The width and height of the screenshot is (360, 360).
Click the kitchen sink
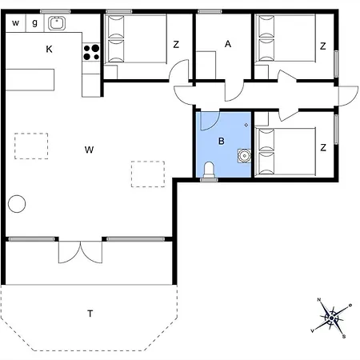pos(57,23)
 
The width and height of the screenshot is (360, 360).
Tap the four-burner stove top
pos(91,52)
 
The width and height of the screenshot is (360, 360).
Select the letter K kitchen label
pos(49,49)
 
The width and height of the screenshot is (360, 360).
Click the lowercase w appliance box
pos(15,23)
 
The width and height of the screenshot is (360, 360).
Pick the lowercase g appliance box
pos(35,23)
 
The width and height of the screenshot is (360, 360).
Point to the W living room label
pos(89,150)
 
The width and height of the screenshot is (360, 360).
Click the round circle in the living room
pos(17,204)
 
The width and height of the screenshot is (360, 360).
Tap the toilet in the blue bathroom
pos(209,171)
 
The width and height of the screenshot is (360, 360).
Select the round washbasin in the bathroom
pos(244,155)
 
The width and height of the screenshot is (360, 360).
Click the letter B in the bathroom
pos(221,141)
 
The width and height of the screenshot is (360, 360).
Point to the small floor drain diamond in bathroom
pos(246,125)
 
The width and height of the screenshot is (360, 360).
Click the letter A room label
pos(228,44)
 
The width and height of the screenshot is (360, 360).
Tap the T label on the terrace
pos(90,314)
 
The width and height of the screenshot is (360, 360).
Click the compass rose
pos(331,318)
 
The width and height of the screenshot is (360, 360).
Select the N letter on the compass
pos(319,300)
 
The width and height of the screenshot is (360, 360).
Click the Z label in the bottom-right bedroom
pos(323,147)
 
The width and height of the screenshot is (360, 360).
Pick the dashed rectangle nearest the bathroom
pos(148,174)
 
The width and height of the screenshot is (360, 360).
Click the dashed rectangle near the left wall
pos(31,146)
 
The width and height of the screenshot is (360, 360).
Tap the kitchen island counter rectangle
pos(30,80)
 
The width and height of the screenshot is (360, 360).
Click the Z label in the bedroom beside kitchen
pos(176,44)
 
